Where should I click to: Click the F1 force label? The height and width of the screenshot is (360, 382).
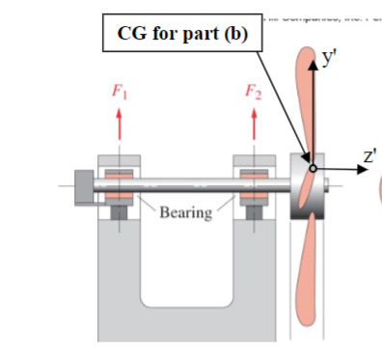click(119, 95)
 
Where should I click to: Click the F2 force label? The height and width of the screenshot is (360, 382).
click(254, 95)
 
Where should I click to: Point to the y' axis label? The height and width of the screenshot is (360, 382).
click(330, 59)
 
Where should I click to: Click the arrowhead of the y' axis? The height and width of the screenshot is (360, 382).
click(312, 66)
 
